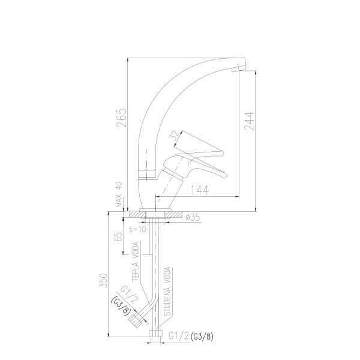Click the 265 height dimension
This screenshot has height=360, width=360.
coord(121,118)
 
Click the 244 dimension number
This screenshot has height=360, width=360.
coord(250,121)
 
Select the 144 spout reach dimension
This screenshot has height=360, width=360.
coord(200,190)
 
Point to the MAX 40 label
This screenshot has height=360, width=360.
coord(119,194)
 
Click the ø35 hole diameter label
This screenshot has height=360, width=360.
coord(193,217)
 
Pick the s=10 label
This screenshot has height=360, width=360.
coord(137,229)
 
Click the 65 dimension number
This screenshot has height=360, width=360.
coord(118,236)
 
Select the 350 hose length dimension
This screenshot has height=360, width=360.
coord(103,280)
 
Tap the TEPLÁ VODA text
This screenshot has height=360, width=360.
coord(136,261)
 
